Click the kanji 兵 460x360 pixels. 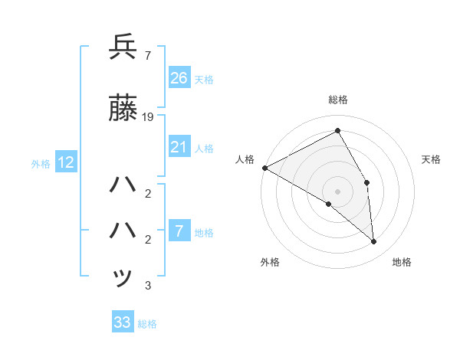[x=123, y=47]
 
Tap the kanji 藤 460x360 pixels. [x=123, y=110]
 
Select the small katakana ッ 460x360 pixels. [x=123, y=277]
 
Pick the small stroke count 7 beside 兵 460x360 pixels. [x=146, y=55]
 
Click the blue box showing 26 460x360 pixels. [x=179, y=78]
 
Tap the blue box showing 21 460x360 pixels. [x=179, y=148]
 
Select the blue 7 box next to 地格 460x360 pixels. [x=179, y=232]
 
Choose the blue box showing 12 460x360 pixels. [x=65, y=162]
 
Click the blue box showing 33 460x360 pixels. [x=123, y=322]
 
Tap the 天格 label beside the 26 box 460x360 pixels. [x=204, y=79]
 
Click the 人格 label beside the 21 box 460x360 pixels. [x=204, y=149]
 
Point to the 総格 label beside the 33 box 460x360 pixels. [x=147, y=323]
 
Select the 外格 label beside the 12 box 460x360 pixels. [x=41, y=163]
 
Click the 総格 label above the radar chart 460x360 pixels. [x=337, y=100]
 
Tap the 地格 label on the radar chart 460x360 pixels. [x=402, y=262]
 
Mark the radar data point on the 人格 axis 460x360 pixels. [x=264, y=168]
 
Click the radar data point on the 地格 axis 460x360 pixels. [x=373, y=241]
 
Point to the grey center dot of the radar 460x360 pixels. [x=337, y=191]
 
